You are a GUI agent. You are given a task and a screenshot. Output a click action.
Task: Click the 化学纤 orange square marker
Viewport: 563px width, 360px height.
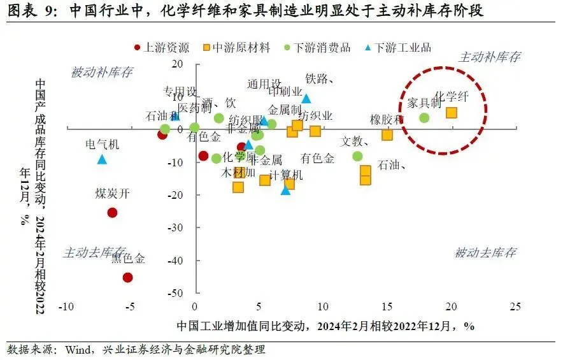coord(451,113)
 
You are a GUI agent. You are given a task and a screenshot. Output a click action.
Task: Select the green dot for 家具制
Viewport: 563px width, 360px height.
coord(424,118)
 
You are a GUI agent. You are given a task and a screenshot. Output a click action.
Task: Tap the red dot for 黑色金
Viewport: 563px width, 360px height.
coord(127,277)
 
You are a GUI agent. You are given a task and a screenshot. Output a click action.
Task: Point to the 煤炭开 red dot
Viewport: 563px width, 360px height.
coord(112,212)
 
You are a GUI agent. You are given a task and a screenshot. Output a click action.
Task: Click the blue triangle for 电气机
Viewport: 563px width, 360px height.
coord(102,159)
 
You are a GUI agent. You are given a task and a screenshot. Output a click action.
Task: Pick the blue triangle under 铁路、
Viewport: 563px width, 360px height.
coord(306,99)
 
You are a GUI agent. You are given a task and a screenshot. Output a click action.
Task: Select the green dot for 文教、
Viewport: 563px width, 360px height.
coord(357,156)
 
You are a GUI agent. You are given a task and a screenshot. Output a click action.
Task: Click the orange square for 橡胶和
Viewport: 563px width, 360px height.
coord(387,134)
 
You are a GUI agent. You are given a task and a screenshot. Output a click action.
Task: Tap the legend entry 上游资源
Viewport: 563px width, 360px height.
coord(162,47)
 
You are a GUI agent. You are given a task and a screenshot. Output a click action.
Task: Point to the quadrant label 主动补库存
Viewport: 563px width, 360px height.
coord(489,57)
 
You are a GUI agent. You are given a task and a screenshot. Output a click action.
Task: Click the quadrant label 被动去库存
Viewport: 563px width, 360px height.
coord(485,253)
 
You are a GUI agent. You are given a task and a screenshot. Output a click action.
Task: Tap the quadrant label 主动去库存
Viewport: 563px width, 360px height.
coord(94,253)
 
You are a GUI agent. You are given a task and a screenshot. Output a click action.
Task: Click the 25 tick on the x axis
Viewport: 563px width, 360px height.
coord(515,306)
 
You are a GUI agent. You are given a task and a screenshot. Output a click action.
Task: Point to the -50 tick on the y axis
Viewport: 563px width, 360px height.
coord(173,294)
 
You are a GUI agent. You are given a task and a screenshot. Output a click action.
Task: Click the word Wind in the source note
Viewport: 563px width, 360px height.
coord(73,350)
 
